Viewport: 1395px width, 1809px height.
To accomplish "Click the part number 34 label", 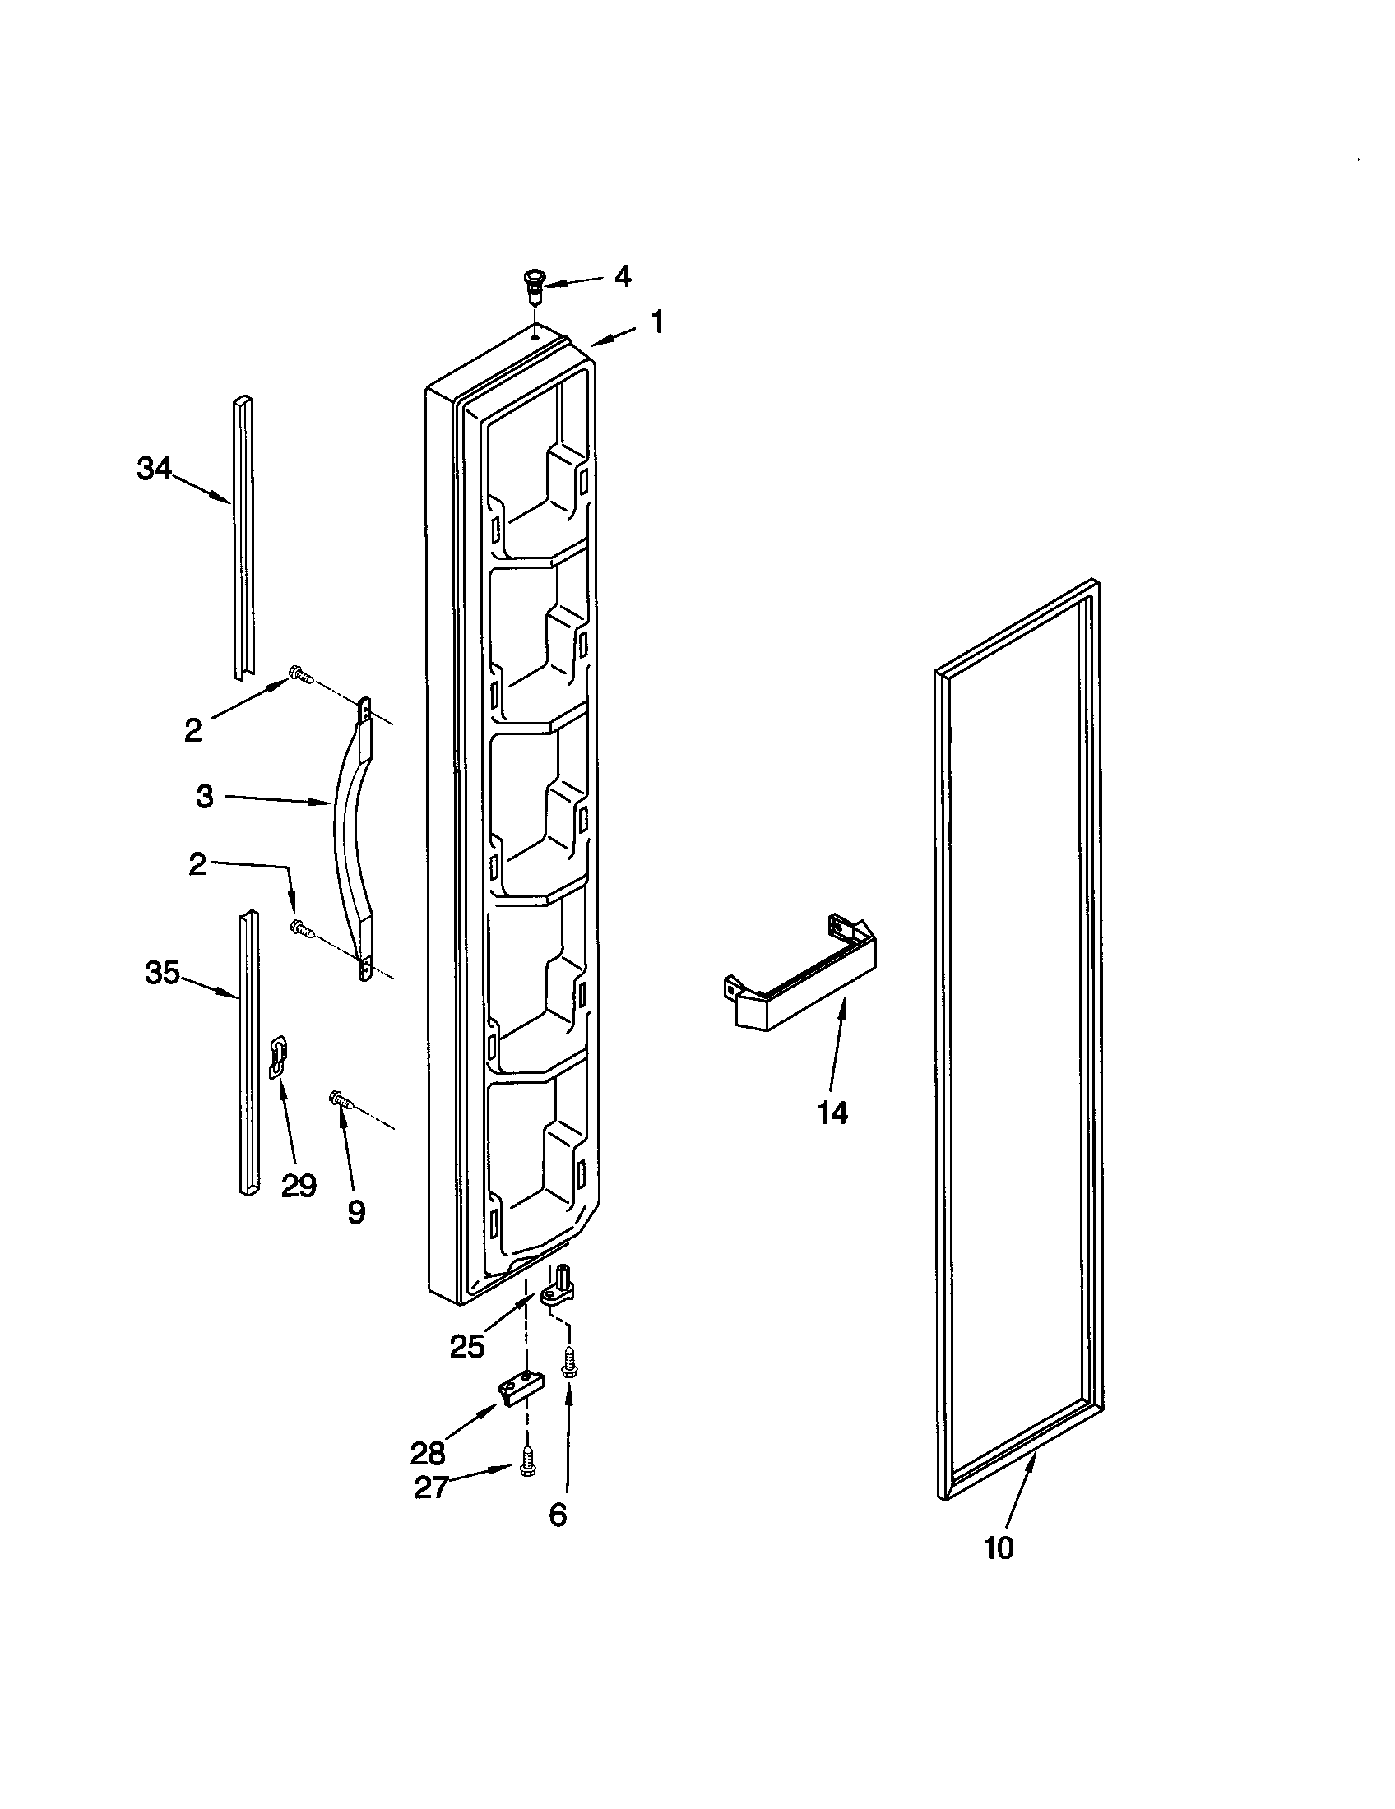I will coord(154,470).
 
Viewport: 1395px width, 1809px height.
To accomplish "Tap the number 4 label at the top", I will coord(622,276).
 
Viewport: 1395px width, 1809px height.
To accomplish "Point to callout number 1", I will coord(657,322).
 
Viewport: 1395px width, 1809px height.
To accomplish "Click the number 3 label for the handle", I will coord(204,798).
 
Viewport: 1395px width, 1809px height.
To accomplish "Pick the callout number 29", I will coord(299,1187).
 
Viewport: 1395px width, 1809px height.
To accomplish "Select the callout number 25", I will coord(467,1348).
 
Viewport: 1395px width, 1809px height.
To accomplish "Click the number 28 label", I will coord(428,1453).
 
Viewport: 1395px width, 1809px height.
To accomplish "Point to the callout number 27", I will coord(431,1488).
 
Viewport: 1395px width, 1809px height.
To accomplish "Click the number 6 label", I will coord(558,1515).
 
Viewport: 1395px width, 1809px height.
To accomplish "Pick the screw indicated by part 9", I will coord(343,1100).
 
